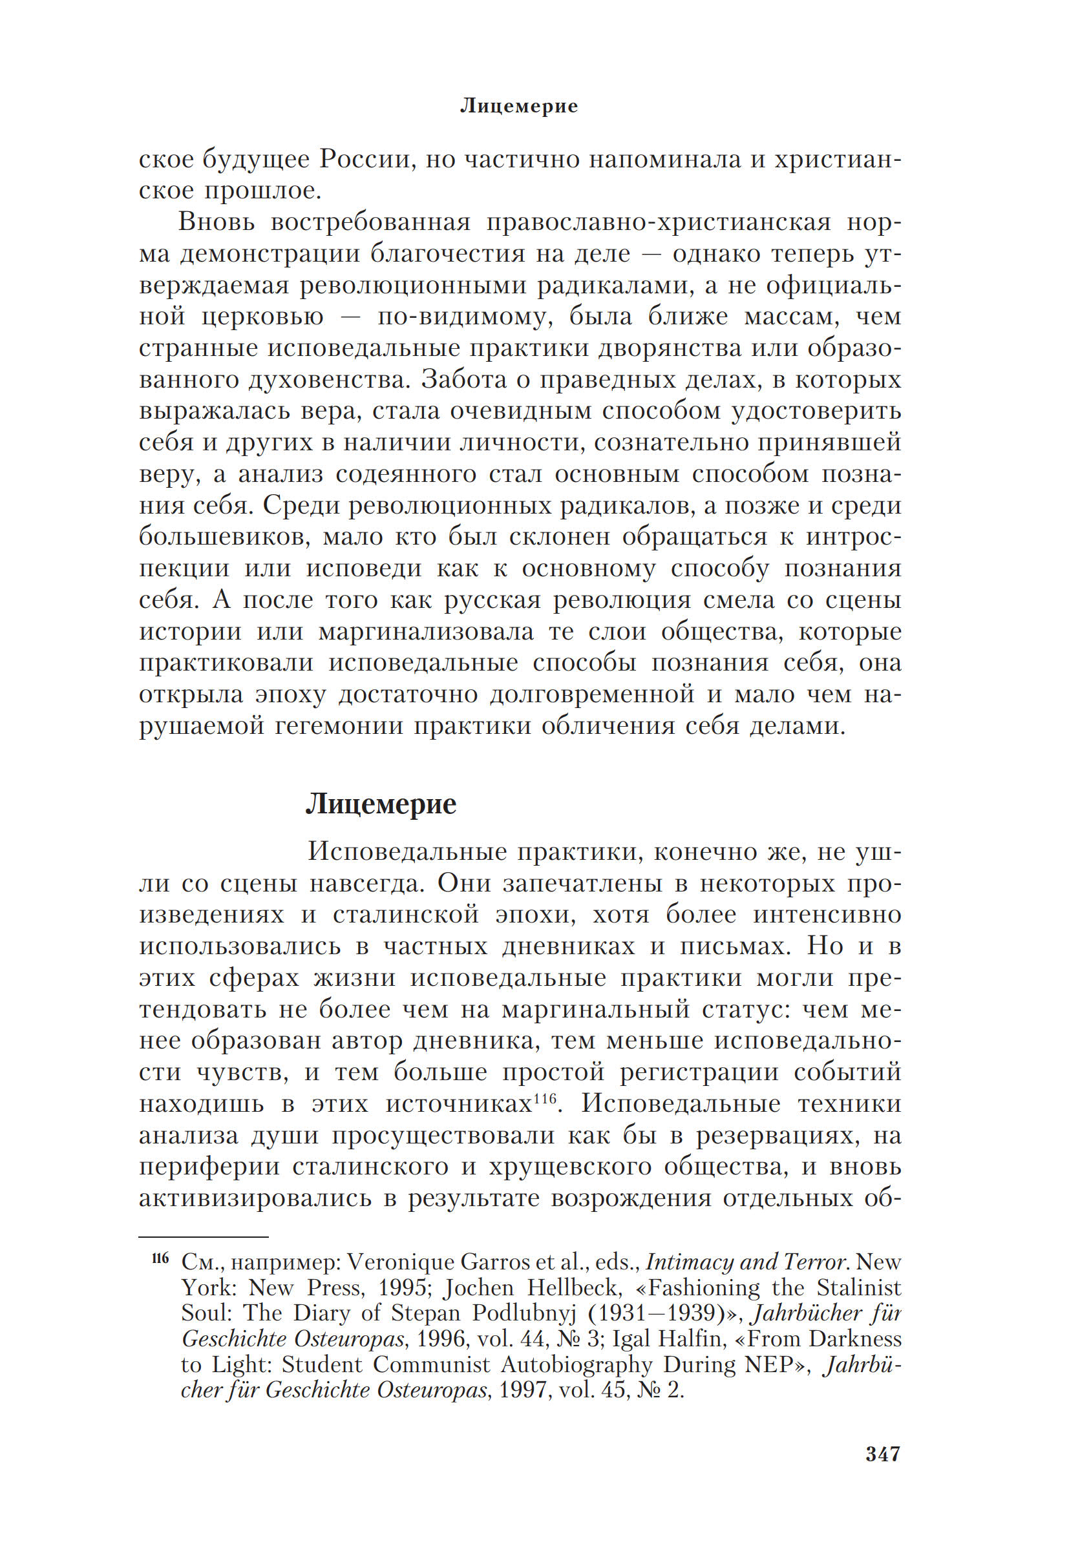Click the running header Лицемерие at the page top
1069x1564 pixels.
(x=518, y=106)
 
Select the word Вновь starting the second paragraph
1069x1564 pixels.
(x=217, y=222)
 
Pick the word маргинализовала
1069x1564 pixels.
(x=425, y=631)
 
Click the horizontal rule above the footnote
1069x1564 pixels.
(x=204, y=1237)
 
